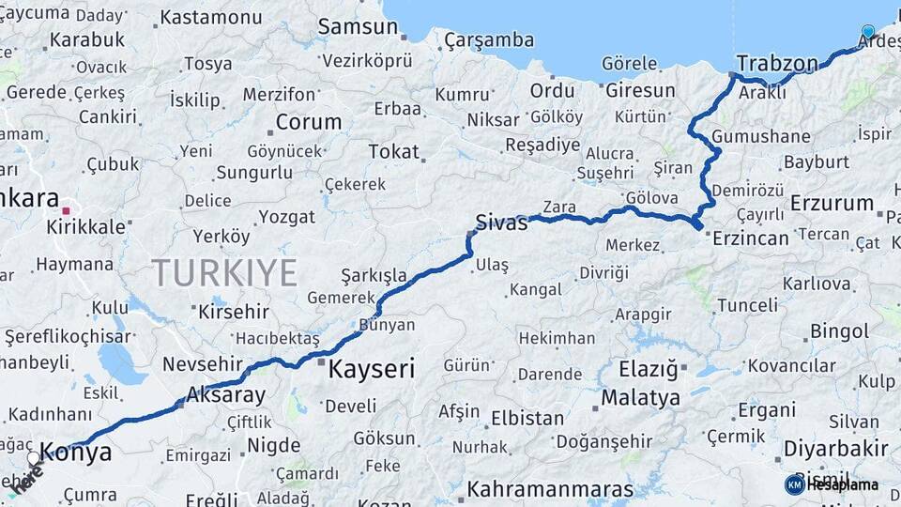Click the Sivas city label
(x=502, y=223)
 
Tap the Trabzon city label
(x=777, y=63)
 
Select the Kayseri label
(x=371, y=369)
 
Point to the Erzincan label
(x=751, y=238)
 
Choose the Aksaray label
(x=226, y=394)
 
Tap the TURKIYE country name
(x=224, y=272)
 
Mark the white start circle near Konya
(x=34, y=458)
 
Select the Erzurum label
(x=832, y=203)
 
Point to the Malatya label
(x=640, y=398)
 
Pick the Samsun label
(x=358, y=26)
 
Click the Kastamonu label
(x=211, y=18)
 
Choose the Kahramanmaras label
(x=550, y=489)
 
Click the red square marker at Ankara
(x=67, y=209)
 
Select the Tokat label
(x=393, y=151)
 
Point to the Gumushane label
(x=760, y=137)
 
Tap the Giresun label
(x=640, y=91)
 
